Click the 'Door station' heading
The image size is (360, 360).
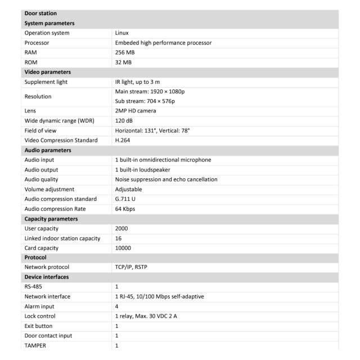tap(40, 13)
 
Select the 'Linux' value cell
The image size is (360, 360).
tap(122, 33)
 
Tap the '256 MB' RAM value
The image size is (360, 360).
tap(125, 52)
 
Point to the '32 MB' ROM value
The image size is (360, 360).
tap(123, 62)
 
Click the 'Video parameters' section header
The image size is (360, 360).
tap(48, 72)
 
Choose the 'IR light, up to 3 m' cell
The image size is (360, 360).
tap(141, 82)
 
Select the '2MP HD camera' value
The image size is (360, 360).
tap(136, 111)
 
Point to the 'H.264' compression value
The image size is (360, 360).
tap(123, 140)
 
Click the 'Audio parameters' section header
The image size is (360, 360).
tap(48, 150)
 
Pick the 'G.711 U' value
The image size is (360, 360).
tap(125, 199)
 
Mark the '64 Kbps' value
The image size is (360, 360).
tap(125, 209)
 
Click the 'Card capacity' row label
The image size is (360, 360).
tap(42, 248)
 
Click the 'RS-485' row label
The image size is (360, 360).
tap(33, 286)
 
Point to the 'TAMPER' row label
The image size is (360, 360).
tap(35, 345)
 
